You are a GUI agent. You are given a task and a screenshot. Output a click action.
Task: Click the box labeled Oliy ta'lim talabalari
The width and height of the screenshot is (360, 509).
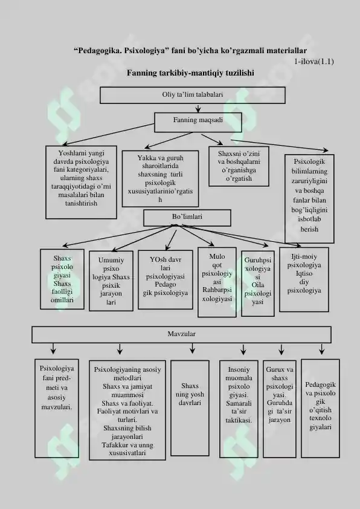[193, 95]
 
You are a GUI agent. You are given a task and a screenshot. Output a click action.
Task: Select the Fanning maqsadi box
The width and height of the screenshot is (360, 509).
[198, 122]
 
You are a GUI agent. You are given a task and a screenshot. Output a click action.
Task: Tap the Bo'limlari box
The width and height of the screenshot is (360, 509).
[187, 218]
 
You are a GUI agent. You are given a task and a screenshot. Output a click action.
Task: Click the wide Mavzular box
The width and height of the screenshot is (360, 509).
[182, 334]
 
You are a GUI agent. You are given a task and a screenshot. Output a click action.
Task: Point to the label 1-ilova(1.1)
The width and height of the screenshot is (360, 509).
[314, 61]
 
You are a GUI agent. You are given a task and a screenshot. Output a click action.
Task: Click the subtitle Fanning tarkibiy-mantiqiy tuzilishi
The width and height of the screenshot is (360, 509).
[190, 73]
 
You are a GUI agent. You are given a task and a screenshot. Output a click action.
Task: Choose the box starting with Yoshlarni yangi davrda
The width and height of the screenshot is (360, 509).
[81, 182]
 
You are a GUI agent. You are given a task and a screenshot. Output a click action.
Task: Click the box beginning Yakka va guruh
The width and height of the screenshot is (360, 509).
[160, 178]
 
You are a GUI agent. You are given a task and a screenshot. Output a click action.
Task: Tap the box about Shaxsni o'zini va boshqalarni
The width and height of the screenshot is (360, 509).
[239, 166]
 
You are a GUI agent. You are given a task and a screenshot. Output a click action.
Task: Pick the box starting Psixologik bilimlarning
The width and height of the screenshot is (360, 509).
[309, 199]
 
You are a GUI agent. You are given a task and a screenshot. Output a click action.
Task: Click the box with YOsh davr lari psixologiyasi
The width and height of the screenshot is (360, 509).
[166, 279]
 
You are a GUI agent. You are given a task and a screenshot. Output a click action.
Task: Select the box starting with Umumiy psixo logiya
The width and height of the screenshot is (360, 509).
[111, 280]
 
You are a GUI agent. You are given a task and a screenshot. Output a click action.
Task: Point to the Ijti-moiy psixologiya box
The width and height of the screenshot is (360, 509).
[304, 279]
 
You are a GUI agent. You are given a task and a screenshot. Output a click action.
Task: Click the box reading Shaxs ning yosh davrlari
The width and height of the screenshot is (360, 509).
[190, 408]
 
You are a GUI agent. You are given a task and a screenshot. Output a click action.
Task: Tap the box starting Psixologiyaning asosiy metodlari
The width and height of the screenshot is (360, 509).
[127, 410]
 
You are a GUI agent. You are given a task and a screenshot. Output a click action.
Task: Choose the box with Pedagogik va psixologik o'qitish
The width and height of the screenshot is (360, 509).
[320, 409]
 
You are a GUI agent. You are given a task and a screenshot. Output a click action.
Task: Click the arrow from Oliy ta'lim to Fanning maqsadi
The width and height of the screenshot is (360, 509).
[198, 108]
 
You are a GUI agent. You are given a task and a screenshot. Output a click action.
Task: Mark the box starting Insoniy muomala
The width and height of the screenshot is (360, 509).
[239, 409]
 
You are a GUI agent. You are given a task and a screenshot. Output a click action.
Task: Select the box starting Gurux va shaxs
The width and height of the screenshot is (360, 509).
[280, 409]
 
